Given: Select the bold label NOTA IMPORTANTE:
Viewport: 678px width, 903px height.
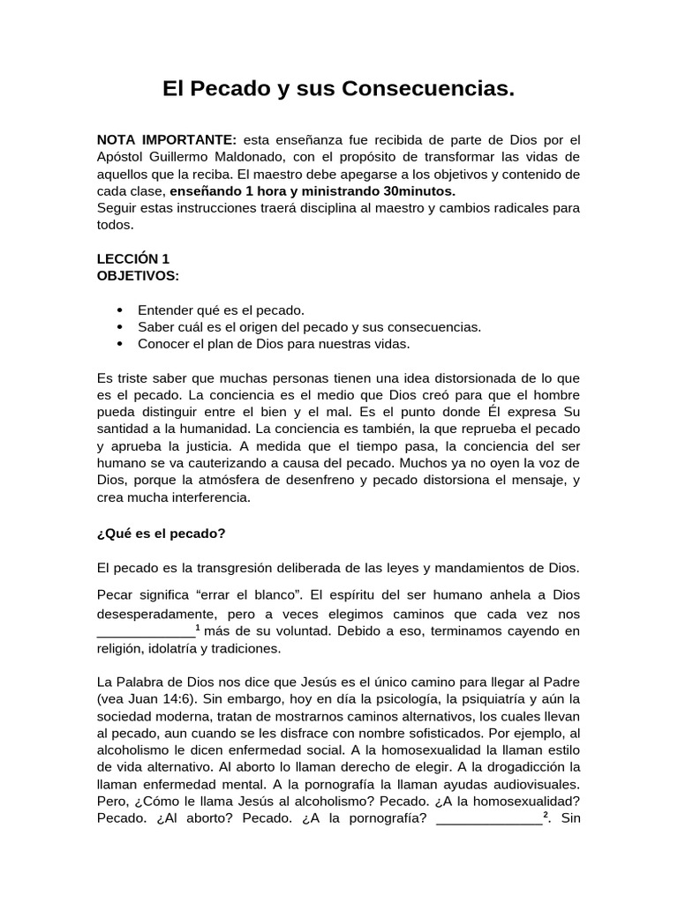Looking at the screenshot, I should click(x=166, y=140).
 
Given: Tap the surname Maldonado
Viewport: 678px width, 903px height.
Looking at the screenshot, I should click(x=258, y=157).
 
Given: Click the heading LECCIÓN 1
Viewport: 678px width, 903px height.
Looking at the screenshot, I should click(x=132, y=258).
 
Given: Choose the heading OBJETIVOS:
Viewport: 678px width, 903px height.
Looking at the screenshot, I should click(x=137, y=275).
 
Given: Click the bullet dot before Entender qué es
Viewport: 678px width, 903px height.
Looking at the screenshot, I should click(x=120, y=310).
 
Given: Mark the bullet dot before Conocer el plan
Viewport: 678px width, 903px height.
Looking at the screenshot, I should click(x=120, y=344).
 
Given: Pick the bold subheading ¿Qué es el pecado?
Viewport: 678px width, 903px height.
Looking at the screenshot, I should click(x=161, y=533).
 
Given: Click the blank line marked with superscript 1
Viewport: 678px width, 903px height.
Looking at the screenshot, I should click(x=145, y=631).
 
